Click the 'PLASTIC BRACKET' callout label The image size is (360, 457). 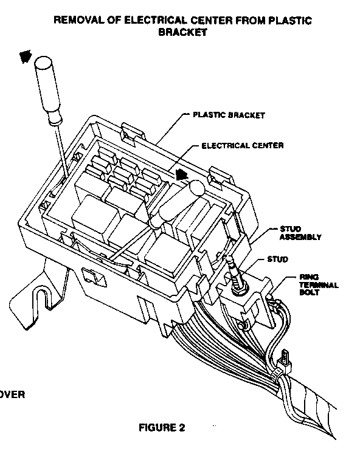(x=229, y=115)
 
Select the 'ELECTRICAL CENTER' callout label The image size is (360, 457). (x=243, y=145)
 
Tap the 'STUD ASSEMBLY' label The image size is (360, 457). (x=300, y=233)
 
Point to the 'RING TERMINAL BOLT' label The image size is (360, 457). (x=319, y=285)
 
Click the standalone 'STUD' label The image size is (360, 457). (x=277, y=259)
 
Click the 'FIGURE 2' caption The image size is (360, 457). (x=162, y=428)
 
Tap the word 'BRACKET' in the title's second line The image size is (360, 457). (x=182, y=32)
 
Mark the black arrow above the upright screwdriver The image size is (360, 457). (x=26, y=57)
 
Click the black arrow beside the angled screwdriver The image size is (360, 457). (x=182, y=175)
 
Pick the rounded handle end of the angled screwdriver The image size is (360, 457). (x=196, y=187)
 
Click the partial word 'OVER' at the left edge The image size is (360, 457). (x=12, y=394)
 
